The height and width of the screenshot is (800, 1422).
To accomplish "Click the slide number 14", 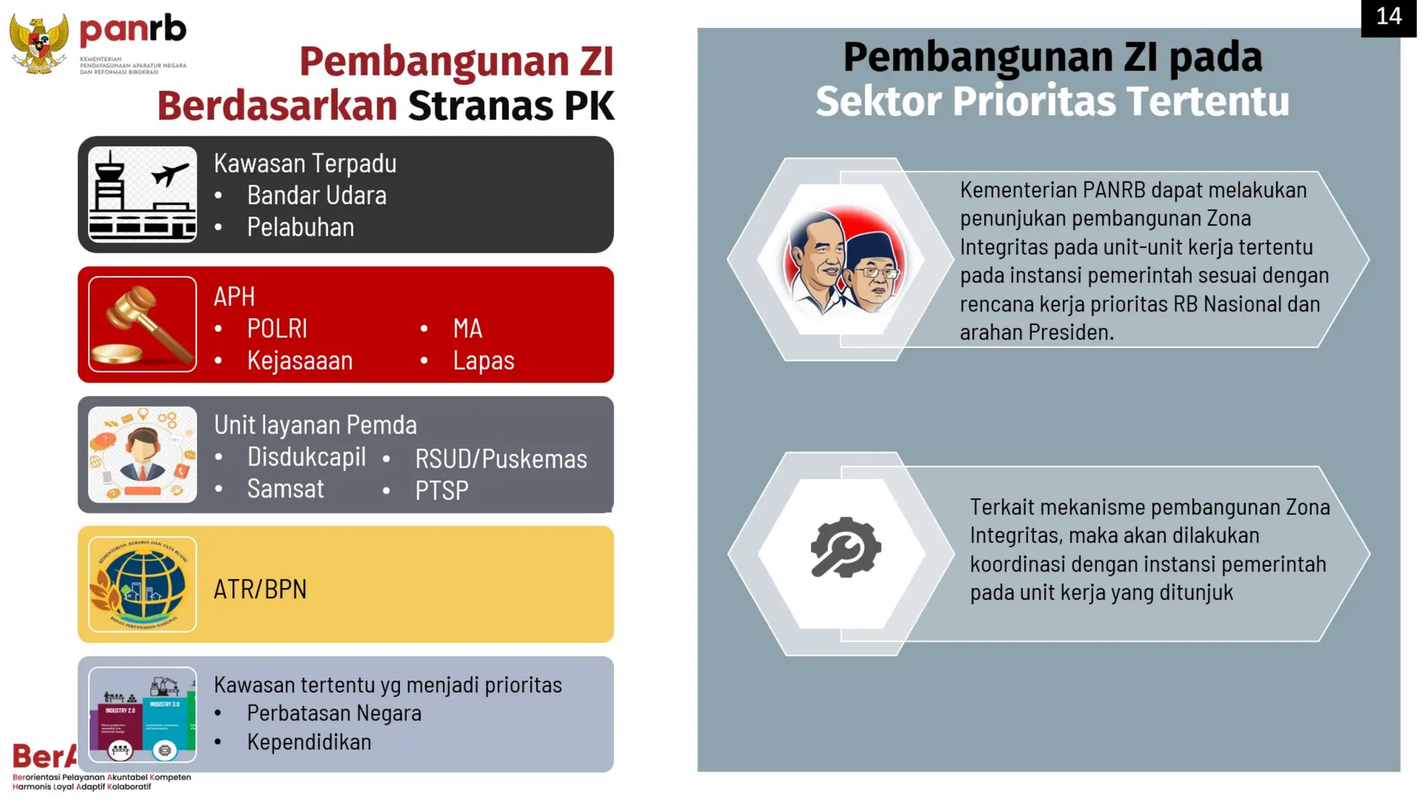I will click(1388, 17).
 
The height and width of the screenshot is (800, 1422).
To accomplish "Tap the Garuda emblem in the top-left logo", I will click(39, 43).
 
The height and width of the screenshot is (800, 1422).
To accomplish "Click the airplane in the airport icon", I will click(169, 174).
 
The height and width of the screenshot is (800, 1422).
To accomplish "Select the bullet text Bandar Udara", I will click(317, 196).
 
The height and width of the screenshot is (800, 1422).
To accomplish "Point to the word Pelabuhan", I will click(301, 228).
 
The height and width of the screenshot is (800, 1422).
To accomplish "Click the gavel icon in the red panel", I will click(143, 324).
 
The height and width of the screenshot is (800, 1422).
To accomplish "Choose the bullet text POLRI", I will click(277, 329).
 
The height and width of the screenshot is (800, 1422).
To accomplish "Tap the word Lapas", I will click(483, 361).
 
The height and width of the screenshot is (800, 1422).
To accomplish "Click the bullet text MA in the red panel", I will click(467, 329).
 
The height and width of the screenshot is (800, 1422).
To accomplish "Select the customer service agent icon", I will click(143, 454).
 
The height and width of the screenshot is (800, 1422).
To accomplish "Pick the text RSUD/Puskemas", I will click(501, 459).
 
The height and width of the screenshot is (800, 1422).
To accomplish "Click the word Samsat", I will click(285, 489).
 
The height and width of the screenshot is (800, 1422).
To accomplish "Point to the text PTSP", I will click(442, 491).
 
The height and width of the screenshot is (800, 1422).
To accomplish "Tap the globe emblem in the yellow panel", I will click(143, 584).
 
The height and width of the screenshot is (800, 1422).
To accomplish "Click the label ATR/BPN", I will click(260, 590).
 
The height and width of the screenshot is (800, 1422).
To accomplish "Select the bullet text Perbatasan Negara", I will click(334, 713).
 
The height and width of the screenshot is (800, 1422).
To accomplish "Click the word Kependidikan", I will click(309, 742).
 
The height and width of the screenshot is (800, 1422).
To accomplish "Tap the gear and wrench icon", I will click(845, 548).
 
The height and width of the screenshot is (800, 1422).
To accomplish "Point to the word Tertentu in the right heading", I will click(1208, 101).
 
